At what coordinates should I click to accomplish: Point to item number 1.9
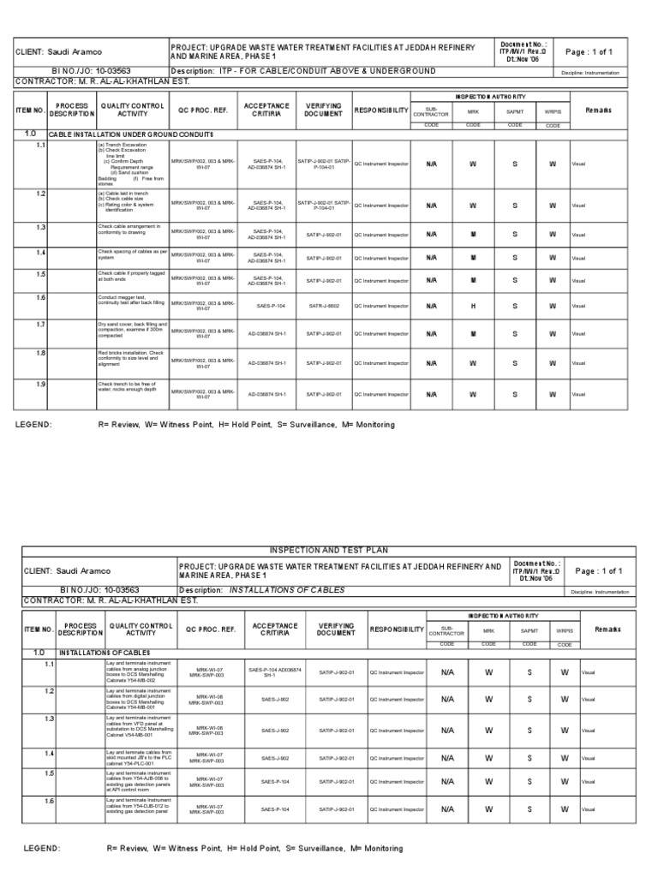[40, 385]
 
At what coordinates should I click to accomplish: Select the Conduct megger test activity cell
[133, 301]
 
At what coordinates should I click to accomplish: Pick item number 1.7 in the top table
[40, 325]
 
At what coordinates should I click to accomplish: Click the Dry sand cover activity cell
[133, 331]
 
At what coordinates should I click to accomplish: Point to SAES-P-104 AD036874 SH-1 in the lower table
[274, 671]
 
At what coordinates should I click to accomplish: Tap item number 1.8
[40, 353]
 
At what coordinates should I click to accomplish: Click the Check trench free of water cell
[133, 391]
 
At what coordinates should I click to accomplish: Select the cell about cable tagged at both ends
[133, 276]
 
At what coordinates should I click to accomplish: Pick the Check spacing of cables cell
[133, 255]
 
